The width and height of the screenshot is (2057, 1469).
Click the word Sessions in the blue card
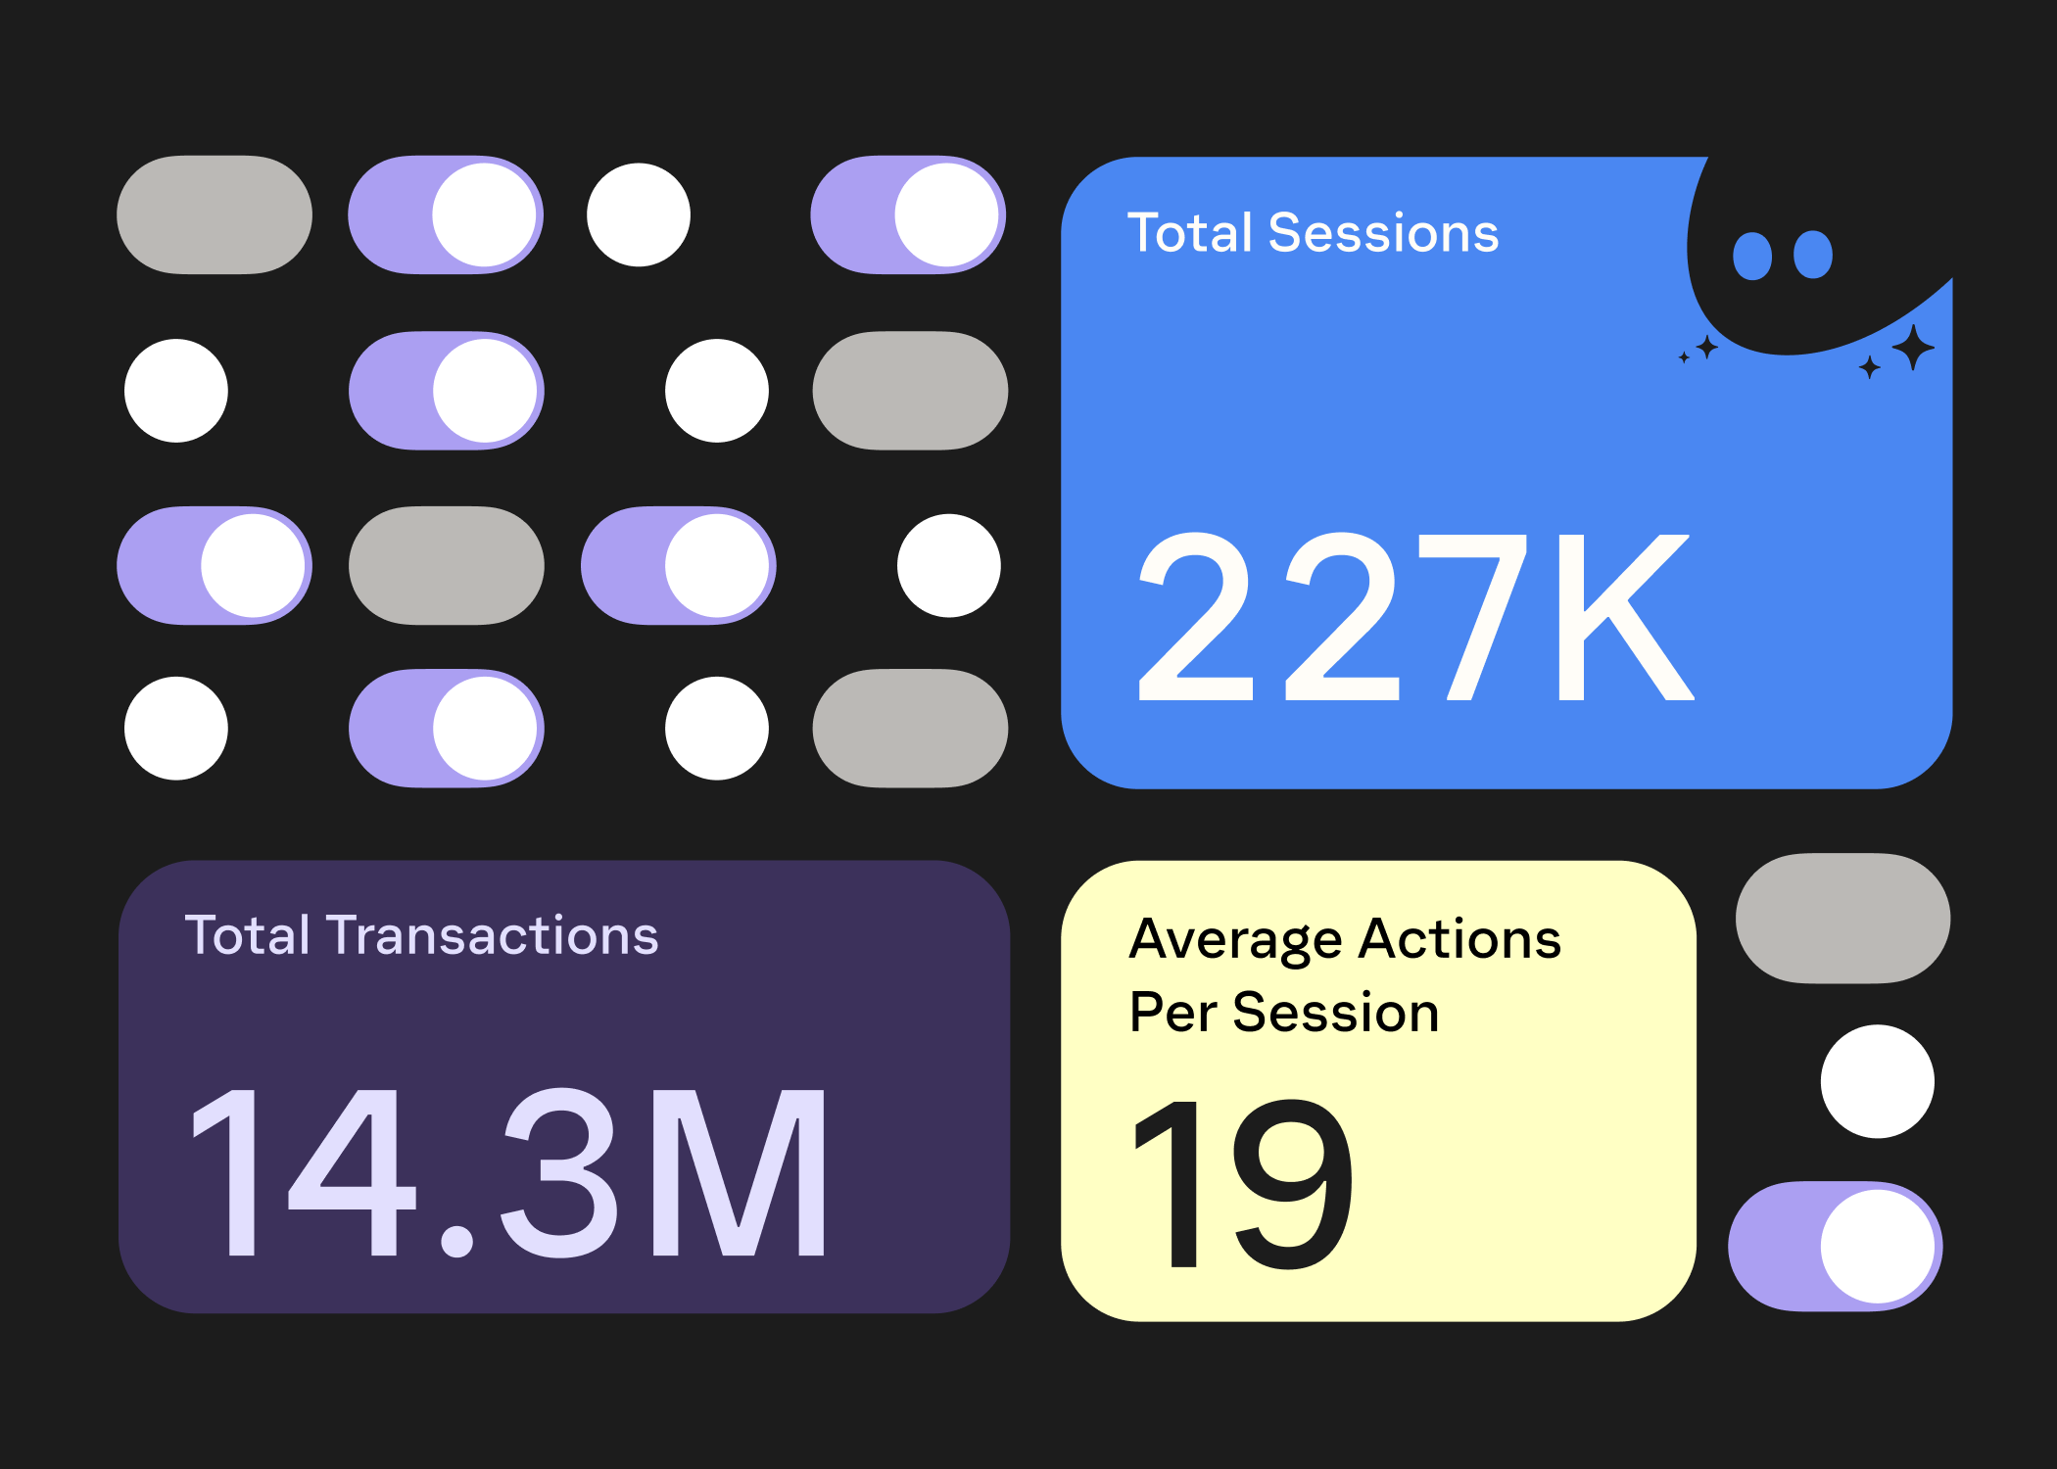(1383, 233)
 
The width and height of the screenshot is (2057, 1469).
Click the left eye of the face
(1752, 256)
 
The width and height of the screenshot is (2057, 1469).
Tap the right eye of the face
(1813, 255)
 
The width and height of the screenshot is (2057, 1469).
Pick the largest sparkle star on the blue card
(1913, 347)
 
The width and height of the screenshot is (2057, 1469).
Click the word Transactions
(493, 935)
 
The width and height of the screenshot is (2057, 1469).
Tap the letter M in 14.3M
(740, 1172)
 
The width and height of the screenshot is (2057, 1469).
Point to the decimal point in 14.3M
(457, 1240)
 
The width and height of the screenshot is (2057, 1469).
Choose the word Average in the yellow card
(1236, 940)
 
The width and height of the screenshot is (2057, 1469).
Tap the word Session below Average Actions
(1336, 1012)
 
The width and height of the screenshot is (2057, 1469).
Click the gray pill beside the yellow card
(1842, 919)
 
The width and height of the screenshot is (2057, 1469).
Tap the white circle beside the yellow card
(1877, 1081)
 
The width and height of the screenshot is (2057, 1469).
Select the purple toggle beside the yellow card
(1835, 1246)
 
